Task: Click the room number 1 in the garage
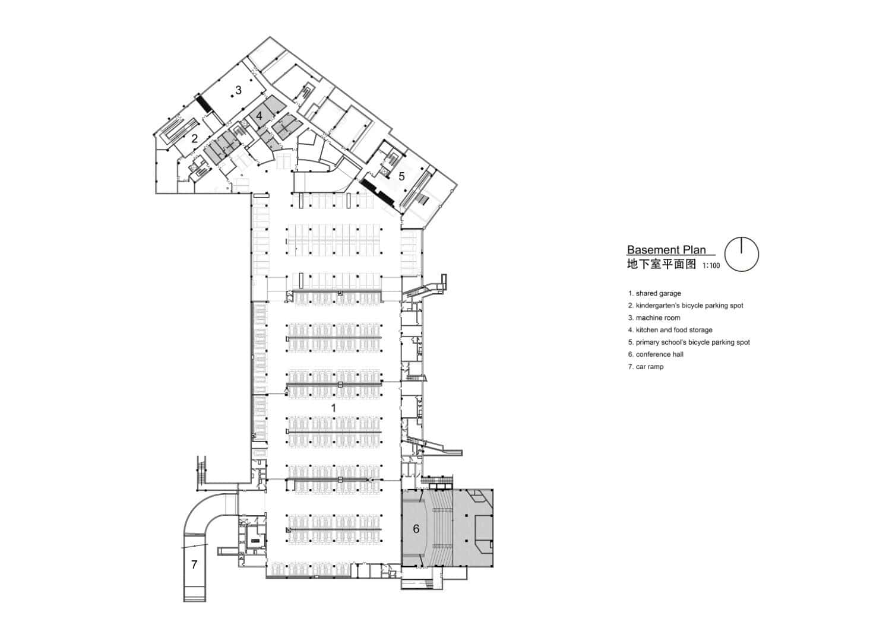pyautogui.click(x=333, y=408)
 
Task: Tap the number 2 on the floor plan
pyautogui.click(x=194, y=139)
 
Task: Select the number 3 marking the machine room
pyautogui.click(x=238, y=90)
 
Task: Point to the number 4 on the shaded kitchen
pyautogui.click(x=260, y=116)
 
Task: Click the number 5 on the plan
pyautogui.click(x=401, y=176)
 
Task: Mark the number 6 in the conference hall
pyautogui.click(x=416, y=528)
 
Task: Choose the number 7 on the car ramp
pyautogui.click(x=194, y=564)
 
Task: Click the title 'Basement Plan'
pyautogui.click(x=666, y=250)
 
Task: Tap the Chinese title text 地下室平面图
pyautogui.click(x=661, y=264)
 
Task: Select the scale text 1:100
pyautogui.click(x=711, y=266)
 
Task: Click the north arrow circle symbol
pyautogui.click(x=742, y=255)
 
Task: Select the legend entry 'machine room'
pyautogui.click(x=654, y=318)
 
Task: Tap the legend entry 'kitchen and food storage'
pyautogui.click(x=670, y=330)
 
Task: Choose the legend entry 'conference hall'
pyautogui.click(x=656, y=354)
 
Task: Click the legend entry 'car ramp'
pyautogui.click(x=646, y=367)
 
